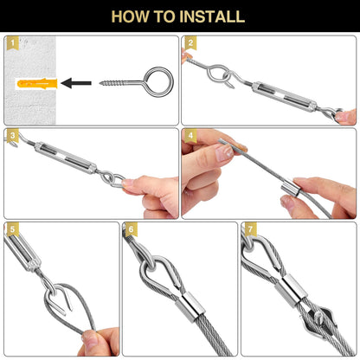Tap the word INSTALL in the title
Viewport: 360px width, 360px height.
click(214, 16)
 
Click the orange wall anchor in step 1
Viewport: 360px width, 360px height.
click(37, 83)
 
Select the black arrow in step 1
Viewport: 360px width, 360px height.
click(76, 83)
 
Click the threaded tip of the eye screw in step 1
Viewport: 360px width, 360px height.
click(100, 83)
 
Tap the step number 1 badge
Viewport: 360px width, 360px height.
click(12, 43)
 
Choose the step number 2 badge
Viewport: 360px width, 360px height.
click(190, 43)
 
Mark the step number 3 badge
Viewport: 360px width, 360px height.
click(12, 136)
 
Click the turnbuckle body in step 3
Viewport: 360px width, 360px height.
click(66, 157)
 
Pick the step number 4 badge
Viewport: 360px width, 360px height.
click(190, 136)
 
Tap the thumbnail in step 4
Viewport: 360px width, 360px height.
click(224, 152)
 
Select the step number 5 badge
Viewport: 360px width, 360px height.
click(12, 229)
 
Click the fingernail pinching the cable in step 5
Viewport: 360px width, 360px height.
click(90, 339)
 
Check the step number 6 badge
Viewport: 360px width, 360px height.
click(132, 229)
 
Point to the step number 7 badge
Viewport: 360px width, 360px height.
click(250, 229)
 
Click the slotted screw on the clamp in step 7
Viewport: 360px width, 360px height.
click(319, 314)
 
